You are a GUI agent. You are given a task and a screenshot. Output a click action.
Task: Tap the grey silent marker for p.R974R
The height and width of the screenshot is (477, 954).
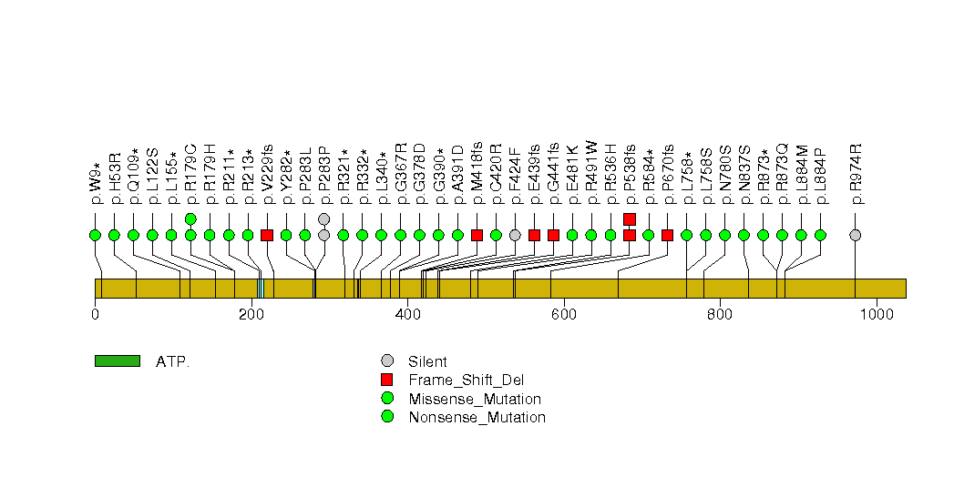(x=855, y=235)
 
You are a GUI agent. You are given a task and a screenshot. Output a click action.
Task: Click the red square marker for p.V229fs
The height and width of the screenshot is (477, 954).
(x=267, y=235)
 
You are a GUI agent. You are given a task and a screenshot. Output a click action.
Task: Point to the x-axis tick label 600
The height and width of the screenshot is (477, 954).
(x=563, y=315)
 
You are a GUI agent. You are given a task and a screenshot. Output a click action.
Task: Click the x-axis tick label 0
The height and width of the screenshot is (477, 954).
(x=95, y=315)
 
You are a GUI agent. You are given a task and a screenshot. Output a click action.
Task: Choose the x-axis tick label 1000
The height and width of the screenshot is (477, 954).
(x=876, y=315)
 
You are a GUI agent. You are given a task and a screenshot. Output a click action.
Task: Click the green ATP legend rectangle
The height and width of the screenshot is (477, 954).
(x=117, y=361)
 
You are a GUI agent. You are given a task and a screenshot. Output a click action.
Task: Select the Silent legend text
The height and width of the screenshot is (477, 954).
(x=427, y=362)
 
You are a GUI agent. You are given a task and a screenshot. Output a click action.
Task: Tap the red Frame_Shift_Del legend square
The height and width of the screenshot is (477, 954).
(x=387, y=381)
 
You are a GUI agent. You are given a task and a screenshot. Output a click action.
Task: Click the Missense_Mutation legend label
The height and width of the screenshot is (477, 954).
(x=475, y=399)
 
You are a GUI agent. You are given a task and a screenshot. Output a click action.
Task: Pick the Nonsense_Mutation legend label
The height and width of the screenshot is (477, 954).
(x=477, y=418)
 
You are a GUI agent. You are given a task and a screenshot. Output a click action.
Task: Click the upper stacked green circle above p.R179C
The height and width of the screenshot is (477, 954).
(x=190, y=218)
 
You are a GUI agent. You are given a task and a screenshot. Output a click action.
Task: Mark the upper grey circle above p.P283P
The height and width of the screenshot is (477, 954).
(x=323, y=218)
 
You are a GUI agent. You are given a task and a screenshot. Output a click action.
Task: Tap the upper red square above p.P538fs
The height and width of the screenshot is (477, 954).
(x=630, y=218)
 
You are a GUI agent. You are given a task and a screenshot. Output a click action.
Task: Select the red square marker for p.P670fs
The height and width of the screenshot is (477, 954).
(x=667, y=235)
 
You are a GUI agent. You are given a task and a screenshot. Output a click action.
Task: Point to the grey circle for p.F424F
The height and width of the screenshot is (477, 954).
(x=515, y=235)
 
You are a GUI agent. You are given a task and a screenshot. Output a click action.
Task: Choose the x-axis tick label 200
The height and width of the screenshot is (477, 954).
(x=251, y=315)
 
